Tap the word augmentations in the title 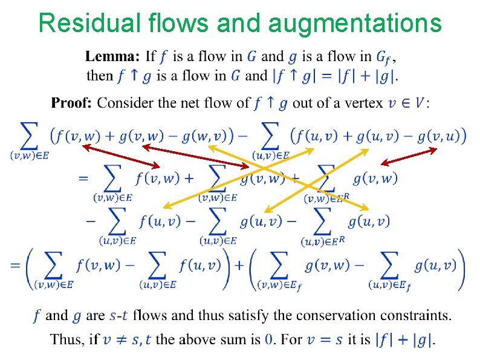[x=354, y=24]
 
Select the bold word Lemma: [x=112, y=57]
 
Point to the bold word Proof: [x=71, y=103]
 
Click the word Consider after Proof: [x=125, y=103]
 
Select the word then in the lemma [x=100, y=76]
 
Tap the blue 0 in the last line [x=269, y=339]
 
